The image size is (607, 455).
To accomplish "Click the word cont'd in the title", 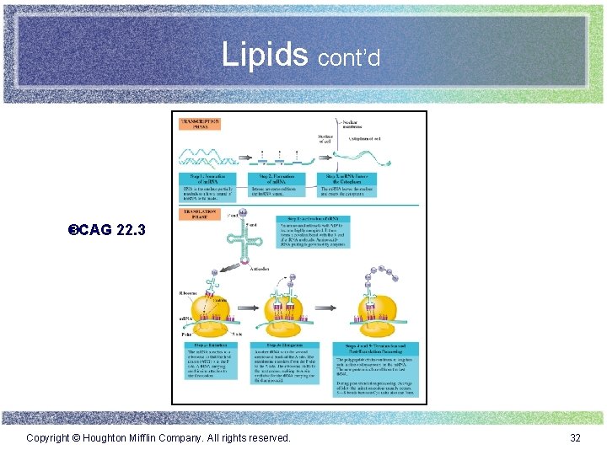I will (x=349, y=57).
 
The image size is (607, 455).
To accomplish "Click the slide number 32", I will (x=576, y=437).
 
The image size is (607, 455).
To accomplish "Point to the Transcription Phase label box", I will (x=199, y=123).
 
